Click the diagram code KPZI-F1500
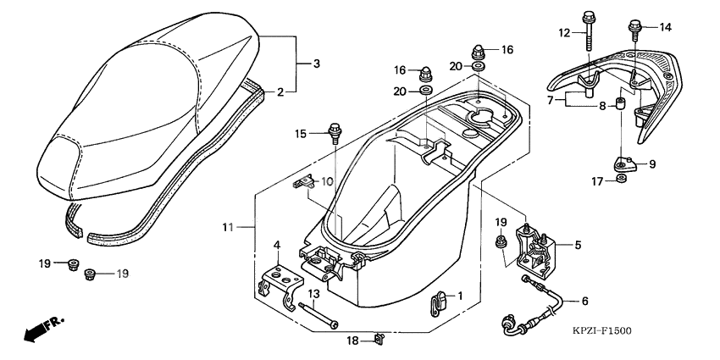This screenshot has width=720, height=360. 601,330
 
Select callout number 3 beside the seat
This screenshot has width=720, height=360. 316,64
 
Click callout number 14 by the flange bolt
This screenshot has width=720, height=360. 665,27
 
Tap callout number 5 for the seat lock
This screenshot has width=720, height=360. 577,246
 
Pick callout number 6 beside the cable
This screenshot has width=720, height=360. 584,301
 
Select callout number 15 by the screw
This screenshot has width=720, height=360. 301,133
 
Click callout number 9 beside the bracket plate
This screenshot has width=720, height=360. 652,163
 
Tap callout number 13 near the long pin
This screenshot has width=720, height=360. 313,293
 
